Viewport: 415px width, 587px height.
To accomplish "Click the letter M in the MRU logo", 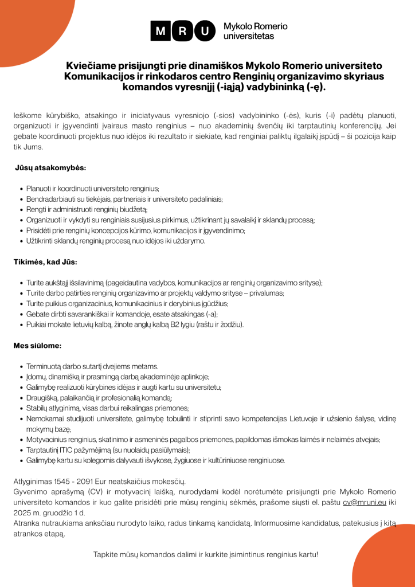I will [160, 31].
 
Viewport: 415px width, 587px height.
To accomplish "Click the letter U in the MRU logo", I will [203, 31].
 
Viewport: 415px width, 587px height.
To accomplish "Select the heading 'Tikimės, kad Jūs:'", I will [45, 262].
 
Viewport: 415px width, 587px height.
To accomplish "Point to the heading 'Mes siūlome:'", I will [37, 346].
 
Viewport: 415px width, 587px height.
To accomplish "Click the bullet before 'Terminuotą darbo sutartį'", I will [21, 366].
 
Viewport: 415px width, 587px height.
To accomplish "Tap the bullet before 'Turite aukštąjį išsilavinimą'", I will [21, 283].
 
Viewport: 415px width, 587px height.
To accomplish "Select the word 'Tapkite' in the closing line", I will [107, 555].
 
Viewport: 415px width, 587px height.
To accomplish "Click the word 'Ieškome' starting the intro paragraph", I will [28, 116].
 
